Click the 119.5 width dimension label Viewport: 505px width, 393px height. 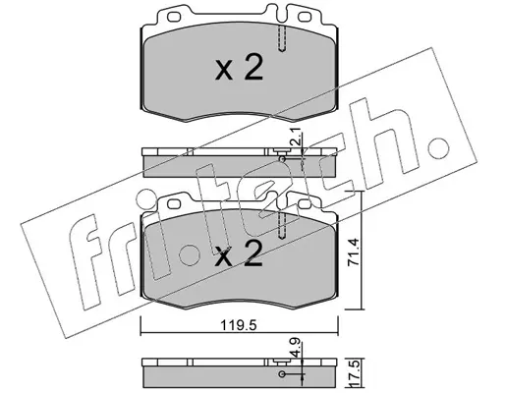point(238,326)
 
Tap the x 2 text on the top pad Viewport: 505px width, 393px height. point(239,68)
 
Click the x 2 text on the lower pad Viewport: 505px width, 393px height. point(239,254)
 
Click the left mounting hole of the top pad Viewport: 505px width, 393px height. point(174,16)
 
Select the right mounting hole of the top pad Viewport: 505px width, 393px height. point(305,16)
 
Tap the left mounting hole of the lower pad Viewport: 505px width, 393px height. point(174,203)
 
